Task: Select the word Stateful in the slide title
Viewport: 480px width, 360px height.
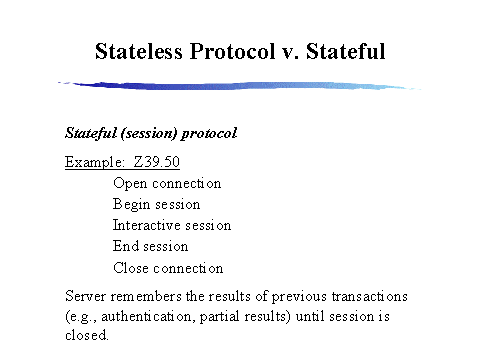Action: click(345, 50)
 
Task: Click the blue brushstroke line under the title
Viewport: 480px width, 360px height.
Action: click(240, 86)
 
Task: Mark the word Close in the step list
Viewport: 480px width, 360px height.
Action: click(131, 268)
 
